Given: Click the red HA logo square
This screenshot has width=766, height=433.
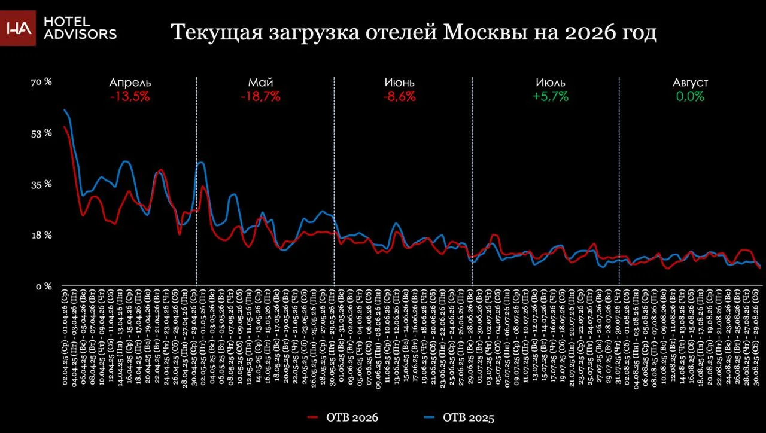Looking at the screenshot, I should (18, 28).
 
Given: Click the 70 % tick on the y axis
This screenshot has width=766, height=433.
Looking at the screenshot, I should (41, 82).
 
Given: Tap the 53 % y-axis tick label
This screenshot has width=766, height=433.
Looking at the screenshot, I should (41, 133).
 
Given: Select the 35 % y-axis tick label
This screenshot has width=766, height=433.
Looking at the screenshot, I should (41, 184).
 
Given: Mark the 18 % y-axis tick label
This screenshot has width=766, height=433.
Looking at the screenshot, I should (41, 235).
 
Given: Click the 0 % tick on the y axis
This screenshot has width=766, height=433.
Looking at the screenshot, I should (44, 286).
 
